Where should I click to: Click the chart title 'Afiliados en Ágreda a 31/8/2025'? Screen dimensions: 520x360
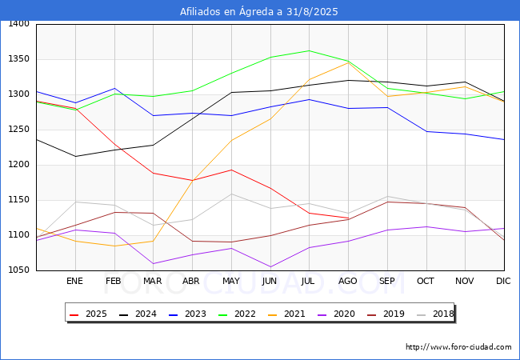pyautogui.click(x=258, y=12)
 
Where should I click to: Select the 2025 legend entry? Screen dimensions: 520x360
pyautogui.click(x=89, y=314)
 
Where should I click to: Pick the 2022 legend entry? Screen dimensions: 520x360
pyautogui.click(x=238, y=314)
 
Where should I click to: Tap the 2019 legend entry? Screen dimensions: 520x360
pyautogui.click(x=386, y=314)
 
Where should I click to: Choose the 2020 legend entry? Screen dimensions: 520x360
pyautogui.click(x=337, y=314)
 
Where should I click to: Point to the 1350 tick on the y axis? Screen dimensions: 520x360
pyautogui.click(x=19, y=59)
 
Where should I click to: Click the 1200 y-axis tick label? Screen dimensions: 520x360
pyautogui.click(x=19, y=165)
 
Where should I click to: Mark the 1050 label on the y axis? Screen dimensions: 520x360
pyautogui.click(x=19, y=270)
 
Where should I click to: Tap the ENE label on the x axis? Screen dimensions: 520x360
pyautogui.click(x=74, y=281)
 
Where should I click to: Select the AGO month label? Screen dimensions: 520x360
pyautogui.click(x=347, y=281)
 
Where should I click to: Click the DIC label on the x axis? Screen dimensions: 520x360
pyautogui.click(x=503, y=281)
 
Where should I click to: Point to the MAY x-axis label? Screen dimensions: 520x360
pyautogui.click(x=231, y=281)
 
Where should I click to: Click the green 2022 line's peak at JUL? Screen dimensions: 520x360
pyautogui.click(x=310, y=50)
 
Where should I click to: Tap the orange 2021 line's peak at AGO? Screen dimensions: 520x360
pyautogui.click(x=348, y=62)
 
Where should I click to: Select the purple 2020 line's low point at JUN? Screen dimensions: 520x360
pyautogui.click(x=270, y=267)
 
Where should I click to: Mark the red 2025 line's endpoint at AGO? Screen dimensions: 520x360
pyautogui.click(x=348, y=218)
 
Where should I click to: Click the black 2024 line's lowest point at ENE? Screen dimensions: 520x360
pyautogui.click(x=76, y=157)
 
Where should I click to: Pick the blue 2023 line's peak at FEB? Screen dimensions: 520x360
pyautogui.click(x=114, y=88)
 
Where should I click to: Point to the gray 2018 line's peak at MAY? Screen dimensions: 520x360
pyautogui.click(x=231, y=194)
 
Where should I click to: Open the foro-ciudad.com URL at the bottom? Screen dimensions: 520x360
pyautogui.click(x=458, y=347)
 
